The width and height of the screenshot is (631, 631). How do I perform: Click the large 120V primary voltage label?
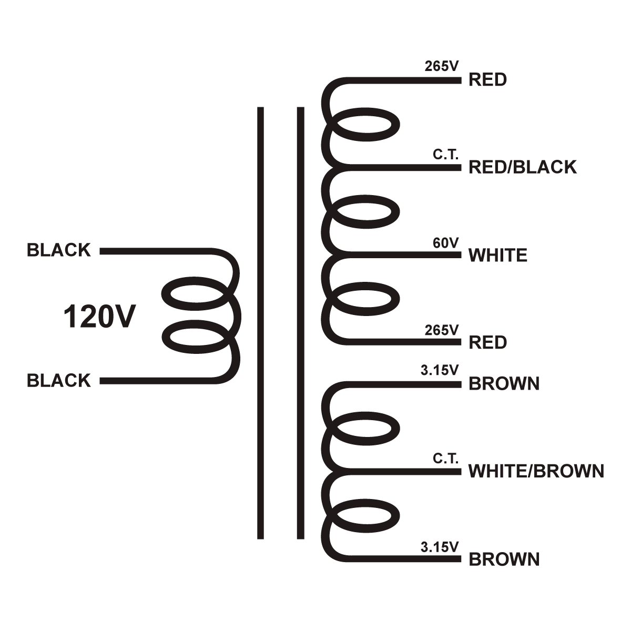tap(99, 317)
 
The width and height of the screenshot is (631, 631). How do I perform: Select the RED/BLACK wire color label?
tap(522, 167)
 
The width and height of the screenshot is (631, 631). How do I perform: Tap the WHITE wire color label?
tap(497, 256)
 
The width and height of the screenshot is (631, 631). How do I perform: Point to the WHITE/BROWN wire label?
tap(536, 471)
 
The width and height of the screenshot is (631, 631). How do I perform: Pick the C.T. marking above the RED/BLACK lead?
tap(446, 155)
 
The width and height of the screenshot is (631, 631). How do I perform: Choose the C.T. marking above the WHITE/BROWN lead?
tap(446, 459)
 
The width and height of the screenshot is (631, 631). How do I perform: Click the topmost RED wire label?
tap(487, 80)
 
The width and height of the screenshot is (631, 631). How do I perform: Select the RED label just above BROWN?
tap(487, 343)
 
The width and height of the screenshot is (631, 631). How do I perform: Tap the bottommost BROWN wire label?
tap(504, 559)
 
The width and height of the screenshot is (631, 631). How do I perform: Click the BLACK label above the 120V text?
tap(59, 250)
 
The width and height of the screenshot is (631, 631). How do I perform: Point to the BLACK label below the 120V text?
tap(59, 381)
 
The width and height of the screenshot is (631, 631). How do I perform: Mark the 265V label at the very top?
tap(442, 67)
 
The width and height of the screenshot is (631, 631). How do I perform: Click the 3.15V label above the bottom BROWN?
tap(440, 547)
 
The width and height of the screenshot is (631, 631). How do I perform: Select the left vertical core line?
tap(260, 323)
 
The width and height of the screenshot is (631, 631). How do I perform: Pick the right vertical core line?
tap(301, 323)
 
